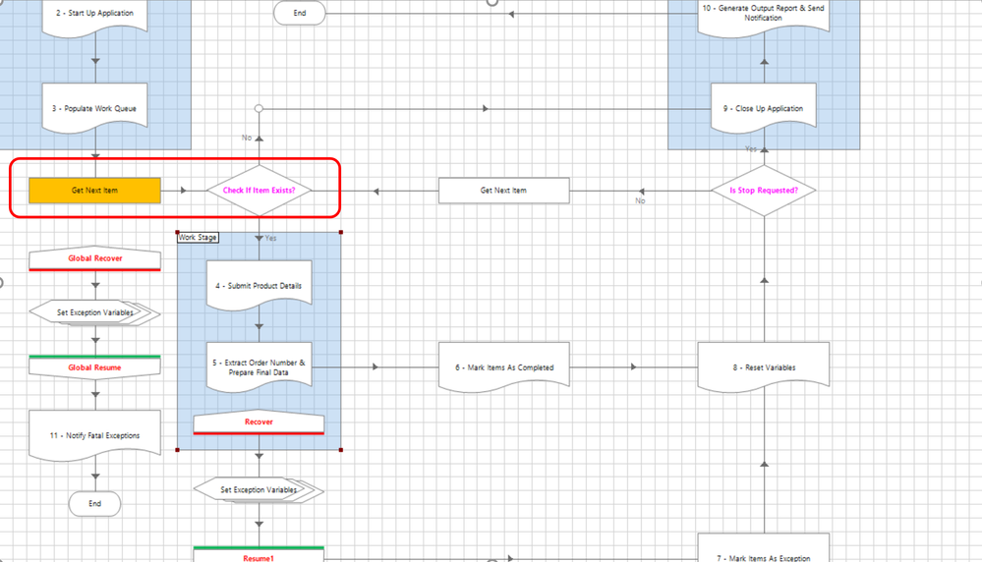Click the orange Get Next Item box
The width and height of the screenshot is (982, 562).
94,191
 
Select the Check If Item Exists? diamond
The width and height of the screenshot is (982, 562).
260,191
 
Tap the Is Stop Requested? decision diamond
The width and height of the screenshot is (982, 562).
764,190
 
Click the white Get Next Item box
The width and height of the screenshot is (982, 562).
503,191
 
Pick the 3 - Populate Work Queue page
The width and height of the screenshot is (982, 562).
94,108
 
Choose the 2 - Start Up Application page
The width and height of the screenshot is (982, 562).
94,15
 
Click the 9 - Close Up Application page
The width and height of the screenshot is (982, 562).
764,108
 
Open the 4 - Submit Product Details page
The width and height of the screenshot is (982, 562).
260,286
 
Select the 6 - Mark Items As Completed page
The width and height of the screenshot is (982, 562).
503,367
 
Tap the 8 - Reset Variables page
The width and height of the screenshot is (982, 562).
764,367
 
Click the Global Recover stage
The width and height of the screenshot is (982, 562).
94,259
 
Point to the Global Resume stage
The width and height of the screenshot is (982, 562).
94,366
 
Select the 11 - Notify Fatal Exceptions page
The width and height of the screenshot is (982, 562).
94,435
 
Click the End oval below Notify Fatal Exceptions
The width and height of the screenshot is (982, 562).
94,504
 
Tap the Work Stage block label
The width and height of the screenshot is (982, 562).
198,237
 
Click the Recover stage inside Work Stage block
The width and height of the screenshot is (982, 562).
260,422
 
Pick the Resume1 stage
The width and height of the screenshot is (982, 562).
260,555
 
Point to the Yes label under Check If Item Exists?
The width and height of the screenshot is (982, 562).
270,238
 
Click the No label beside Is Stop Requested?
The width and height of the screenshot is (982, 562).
640,200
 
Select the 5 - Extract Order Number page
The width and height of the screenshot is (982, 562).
260,368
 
